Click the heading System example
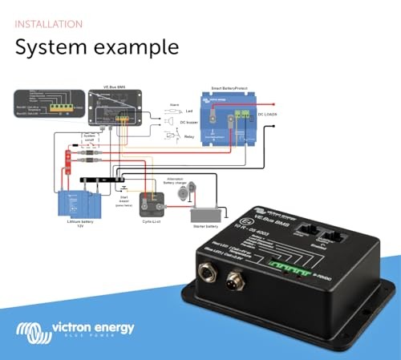(97, 47)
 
